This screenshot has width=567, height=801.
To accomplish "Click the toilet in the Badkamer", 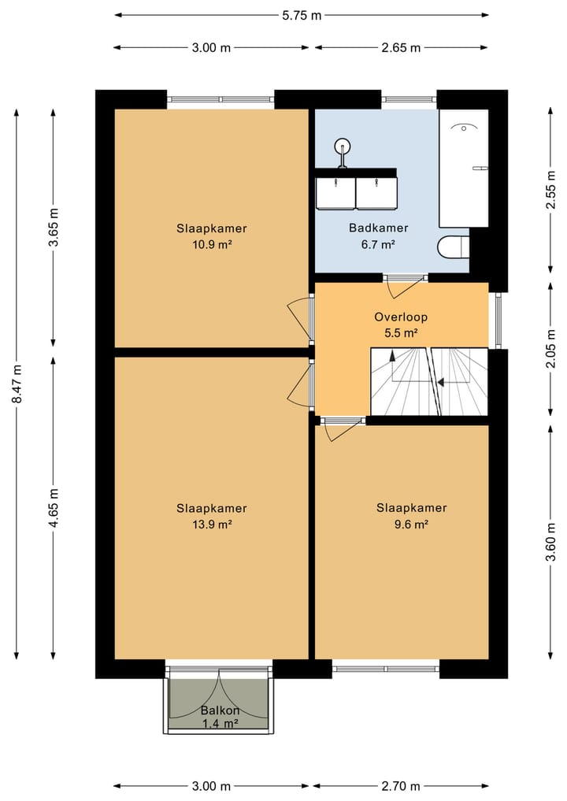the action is pos(454,247).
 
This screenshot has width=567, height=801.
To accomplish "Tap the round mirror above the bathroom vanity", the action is pos(342,147).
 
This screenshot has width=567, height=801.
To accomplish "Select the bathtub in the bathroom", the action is pos(464,168).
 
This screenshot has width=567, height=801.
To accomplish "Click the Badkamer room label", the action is pos(379,228).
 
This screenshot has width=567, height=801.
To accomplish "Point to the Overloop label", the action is pos(401,317).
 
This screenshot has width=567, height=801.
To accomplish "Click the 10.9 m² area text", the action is pos(212,244).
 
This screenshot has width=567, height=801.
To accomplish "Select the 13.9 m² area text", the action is pos(212,524).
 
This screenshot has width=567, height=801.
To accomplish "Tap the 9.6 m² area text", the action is pos(411,524).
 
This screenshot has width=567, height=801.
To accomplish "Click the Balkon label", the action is pos(220,710).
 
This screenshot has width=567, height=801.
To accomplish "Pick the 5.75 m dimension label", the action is pos(302,15).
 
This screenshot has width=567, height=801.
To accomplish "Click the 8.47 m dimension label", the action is pos(17,383).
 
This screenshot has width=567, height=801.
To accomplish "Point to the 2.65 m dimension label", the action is pos(401,48).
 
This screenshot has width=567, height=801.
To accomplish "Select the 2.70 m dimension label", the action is pos(401,786).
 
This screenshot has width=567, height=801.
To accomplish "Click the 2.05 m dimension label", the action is pos(550,349).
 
